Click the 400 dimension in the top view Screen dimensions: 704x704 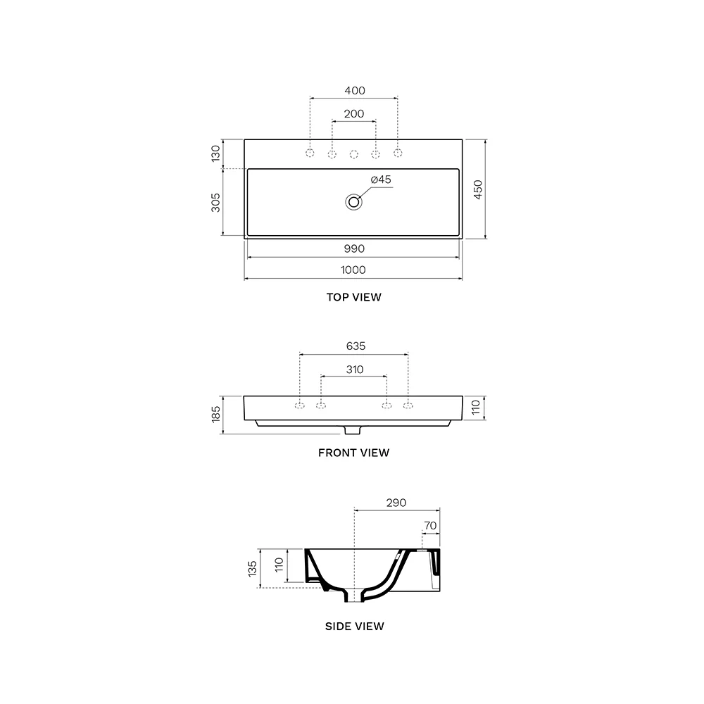pyautogui.click(x=355, y=91)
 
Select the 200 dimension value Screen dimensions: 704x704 pyautogui.click(x=354, y=114)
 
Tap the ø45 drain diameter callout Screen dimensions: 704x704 pyautogui.click(x=381, y=180)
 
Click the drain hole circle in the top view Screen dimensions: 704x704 pyautogui.click(x=354, y=202)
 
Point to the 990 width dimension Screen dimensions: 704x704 pyautogui.click(x=354, y=249)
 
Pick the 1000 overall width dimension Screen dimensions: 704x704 pyautogui.click(x=353, y=270)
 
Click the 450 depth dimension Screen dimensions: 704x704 pyautogui.click(x=478, y=189)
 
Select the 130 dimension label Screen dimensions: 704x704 pyautogui.click(x=216, y=153)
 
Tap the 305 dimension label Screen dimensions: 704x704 pyautogui.click(x=216, y=203)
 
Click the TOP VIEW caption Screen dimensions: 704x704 pyautogui.click(x=354, y=297)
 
